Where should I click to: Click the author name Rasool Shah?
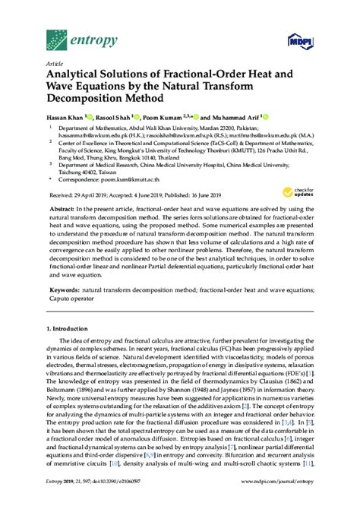click(111, 119)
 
